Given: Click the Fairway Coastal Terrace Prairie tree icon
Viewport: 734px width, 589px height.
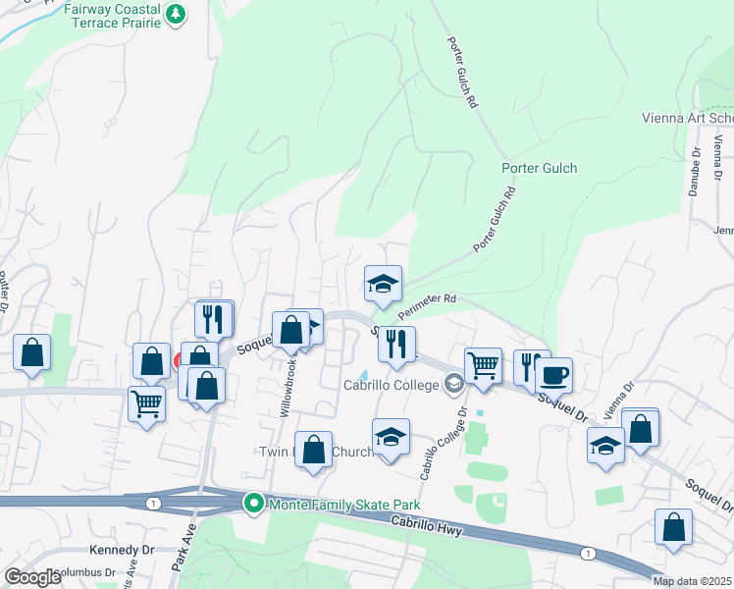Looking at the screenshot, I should pyautogui.click(x=176, y=14).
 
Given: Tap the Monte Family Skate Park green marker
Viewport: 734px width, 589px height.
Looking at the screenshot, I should pyautogui.click(x=254, y=505).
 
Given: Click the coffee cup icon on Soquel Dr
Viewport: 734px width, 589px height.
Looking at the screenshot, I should pyautogui.click(x=553, y=374).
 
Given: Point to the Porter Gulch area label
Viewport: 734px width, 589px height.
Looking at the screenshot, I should pyautogui.click(x=539, y=168).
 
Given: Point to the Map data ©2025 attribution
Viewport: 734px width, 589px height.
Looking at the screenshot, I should pyautogui.click(x=692, y=581).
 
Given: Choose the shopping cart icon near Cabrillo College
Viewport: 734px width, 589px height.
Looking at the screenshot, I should pyautogui.click(x=483, y=365).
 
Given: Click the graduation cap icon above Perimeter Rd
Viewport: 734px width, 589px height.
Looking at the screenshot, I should pyautogui.click(x=383, y=284).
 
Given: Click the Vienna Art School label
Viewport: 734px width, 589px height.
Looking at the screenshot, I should pyautogui.click(x=687, y=119).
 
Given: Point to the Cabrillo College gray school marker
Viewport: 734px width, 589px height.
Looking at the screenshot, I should pyautogui.click(x=453, y=385).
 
